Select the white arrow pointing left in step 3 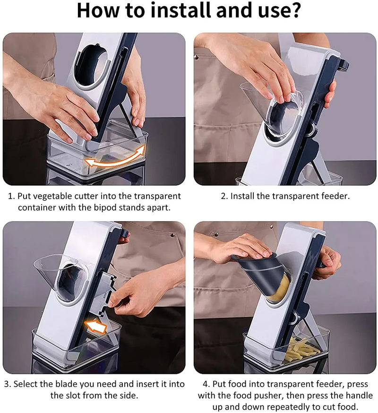click(x=96, y=326)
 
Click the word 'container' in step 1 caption click(x=31, y=207)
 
